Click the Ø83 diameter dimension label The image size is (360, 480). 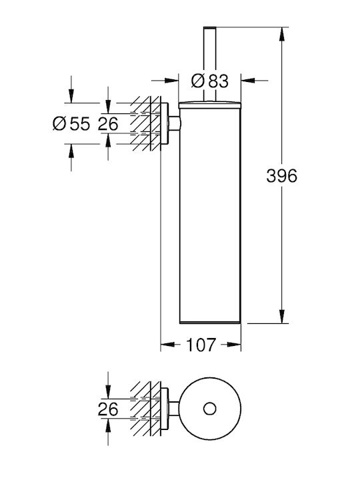[x=210, y=81]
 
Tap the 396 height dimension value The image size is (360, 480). [x=281, y=176]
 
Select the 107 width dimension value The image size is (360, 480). [x=201, y=345]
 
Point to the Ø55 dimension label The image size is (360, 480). [x=71, y=124]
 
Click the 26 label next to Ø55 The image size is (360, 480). [x=108, y=124]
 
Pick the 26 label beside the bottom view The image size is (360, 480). [x=108, y=409]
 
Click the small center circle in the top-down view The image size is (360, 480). [x=210, y=409]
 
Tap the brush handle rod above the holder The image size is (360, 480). [x=210, y=64]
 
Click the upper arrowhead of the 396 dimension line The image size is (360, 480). [x=281, y=34]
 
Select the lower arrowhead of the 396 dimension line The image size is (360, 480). [x=281, y=317]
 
